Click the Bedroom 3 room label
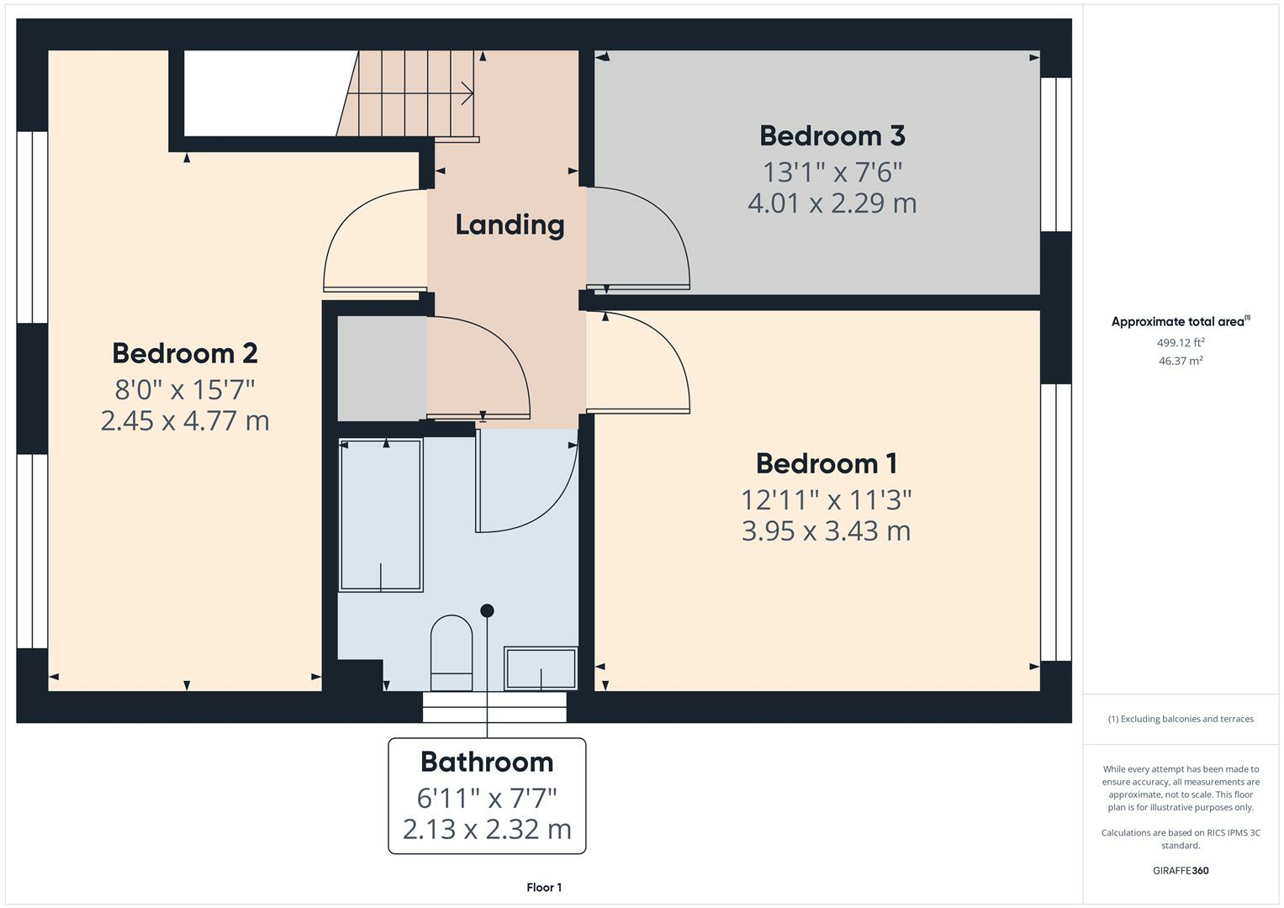tap(832, 136)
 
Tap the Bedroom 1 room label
tap(827, 464)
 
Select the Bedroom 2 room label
tap(185, 353)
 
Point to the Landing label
tap(510, 224)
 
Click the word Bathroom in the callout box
tap(487, 762)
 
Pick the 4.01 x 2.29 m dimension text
tap(832, 203)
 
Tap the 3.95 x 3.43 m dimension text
tap(827, 531)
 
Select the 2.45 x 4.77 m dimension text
tap(185, 420)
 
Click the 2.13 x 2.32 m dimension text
tap(487, 830)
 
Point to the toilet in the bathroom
tap(452, 653)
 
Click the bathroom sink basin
tap(541, 668)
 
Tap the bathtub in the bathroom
tap(381, 515)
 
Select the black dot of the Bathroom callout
tap(487, 610)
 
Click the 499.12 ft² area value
tap(1181, 343)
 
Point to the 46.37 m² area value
tap(1181, 362)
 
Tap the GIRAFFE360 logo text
tap(1181, 871)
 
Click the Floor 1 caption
tap(544, 887)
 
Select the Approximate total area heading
tap(1181, 321)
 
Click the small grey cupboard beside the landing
tap(382, 368)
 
